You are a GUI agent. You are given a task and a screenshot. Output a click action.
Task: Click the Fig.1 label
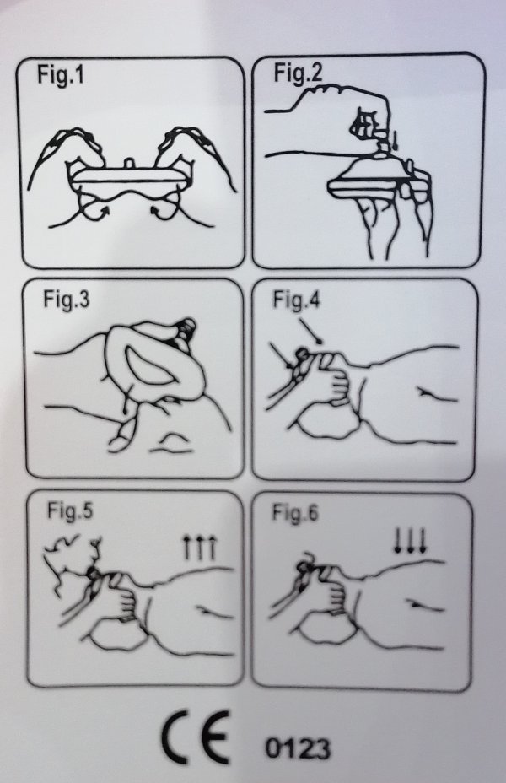(61, 75)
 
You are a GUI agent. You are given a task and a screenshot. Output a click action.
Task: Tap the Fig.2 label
(298, 73)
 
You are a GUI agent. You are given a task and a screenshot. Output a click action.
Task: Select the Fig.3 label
(67, 300)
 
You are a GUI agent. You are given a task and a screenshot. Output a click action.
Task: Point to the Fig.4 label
(296, 300)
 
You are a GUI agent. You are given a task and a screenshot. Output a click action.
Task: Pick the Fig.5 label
(70, 510)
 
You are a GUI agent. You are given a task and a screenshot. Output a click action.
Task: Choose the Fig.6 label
(294, 513)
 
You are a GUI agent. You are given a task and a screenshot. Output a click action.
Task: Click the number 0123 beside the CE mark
(298, 748)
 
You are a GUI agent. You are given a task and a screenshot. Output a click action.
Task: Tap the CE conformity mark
(196, 737)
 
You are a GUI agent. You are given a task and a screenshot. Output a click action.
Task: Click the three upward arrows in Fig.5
(199, 547)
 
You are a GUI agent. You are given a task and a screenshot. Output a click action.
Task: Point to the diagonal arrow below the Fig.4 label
(312, 331)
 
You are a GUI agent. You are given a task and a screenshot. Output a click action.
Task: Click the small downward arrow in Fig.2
(395, 140)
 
